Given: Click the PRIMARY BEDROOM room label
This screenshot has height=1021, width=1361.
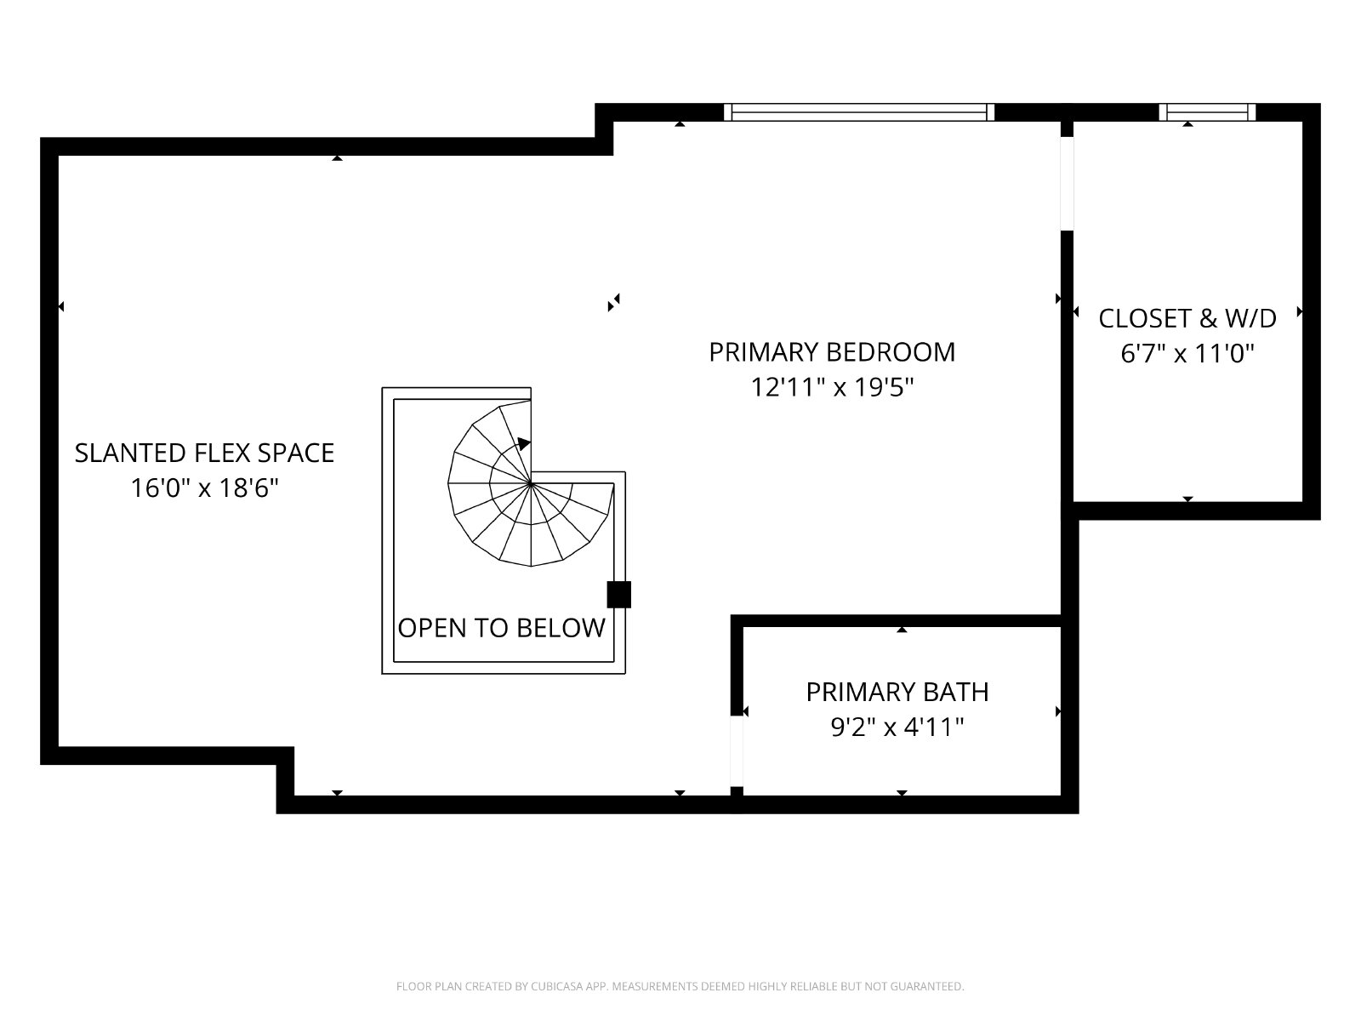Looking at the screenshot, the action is (x=831, y=352).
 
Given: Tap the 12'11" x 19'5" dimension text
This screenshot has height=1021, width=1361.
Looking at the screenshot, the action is (x=832, y=387).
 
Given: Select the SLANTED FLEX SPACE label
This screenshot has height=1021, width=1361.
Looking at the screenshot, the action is (x=204, y=453).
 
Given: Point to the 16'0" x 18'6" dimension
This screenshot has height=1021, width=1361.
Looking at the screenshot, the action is (x=204, y=488).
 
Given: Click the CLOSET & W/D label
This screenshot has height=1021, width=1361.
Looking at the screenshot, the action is (x=1187, y=318).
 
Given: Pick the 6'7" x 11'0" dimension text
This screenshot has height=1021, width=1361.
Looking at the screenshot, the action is (x=1187, y=354).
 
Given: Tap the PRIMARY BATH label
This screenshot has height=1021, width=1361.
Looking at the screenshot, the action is (x=897, y=692).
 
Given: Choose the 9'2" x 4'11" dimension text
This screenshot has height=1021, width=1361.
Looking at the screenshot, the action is (x=897, y=727).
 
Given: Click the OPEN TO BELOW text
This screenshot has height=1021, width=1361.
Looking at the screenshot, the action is (x=501, y=628).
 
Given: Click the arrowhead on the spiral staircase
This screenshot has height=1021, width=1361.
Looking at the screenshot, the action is (x=524, y=444).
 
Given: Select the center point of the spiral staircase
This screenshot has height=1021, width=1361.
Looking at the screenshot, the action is (x=531, y=483).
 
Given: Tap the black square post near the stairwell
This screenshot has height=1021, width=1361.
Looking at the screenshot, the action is (x=618, y=595).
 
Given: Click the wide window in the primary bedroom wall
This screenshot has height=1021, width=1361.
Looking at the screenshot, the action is (x=859, y=112).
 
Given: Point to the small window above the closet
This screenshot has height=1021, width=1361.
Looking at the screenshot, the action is (x=1207, y=112).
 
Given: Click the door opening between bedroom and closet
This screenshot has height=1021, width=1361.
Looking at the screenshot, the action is (x=1067, y=184).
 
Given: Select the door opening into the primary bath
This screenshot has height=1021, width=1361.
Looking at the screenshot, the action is (x=737, y=750).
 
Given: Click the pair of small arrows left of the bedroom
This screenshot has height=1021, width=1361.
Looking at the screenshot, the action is (x=614, y=303).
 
